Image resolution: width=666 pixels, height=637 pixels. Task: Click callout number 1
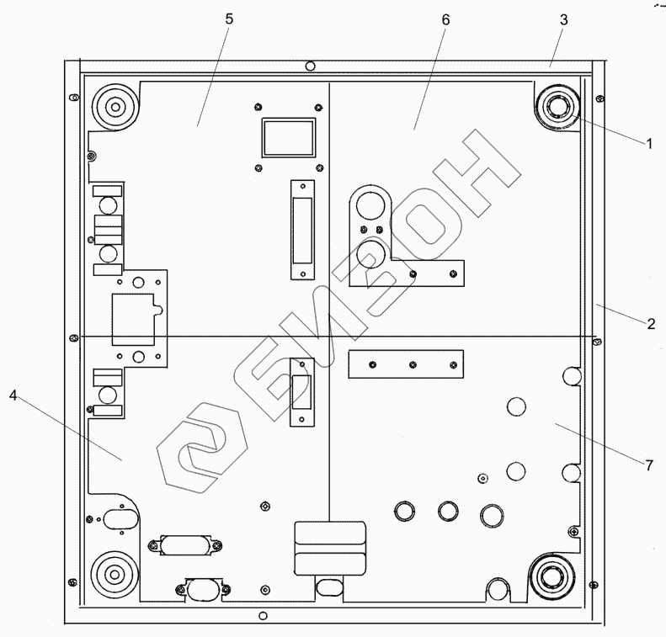tap(649, 143)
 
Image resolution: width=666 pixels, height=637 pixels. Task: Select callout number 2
tap(651, 324)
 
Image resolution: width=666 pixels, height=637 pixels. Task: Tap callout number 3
tap(565, 19)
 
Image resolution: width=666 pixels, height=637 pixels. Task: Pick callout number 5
tap(228, 19)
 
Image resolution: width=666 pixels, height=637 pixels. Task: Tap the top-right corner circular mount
tap(556, 108)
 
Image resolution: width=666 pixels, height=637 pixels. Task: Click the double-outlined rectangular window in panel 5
tap(288, 137)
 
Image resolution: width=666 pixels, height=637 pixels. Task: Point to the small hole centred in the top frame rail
tap(310, 66)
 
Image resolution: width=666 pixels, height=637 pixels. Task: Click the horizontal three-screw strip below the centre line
tap(406, 364)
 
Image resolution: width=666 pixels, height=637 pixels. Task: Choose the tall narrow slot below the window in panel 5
tap(300, 230)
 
